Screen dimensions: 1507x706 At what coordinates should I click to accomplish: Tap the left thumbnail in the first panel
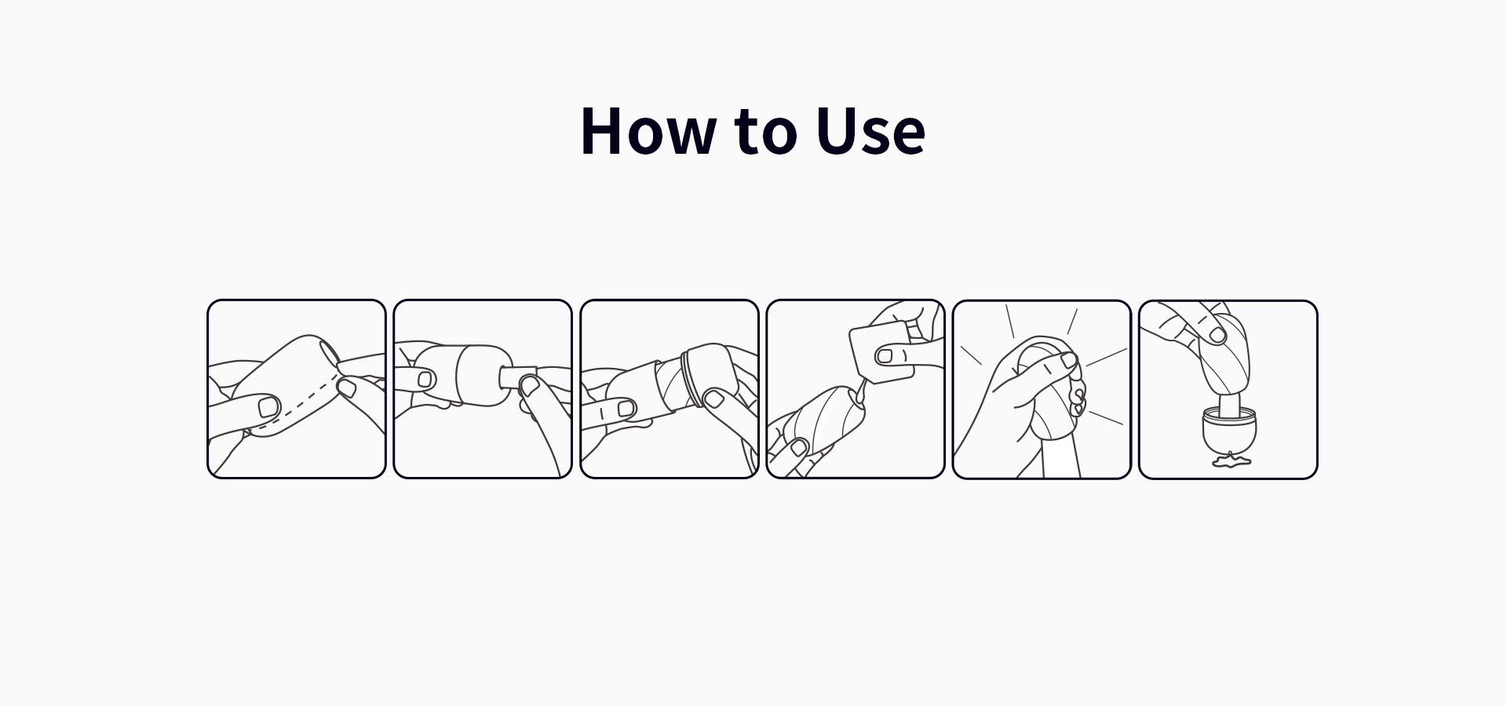[268, 407]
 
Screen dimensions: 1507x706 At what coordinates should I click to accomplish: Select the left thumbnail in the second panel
[425, 380]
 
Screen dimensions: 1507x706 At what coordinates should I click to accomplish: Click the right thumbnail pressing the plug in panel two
[530, 384]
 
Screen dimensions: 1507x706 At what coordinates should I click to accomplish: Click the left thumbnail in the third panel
[626, 409]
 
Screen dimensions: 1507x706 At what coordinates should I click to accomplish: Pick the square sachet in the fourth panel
[881, 353]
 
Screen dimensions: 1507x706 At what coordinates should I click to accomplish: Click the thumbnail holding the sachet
[885, 356]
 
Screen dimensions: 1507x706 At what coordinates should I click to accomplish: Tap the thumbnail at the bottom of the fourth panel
[799, 448]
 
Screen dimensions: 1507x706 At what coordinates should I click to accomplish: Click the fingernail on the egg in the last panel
[1217, 335]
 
